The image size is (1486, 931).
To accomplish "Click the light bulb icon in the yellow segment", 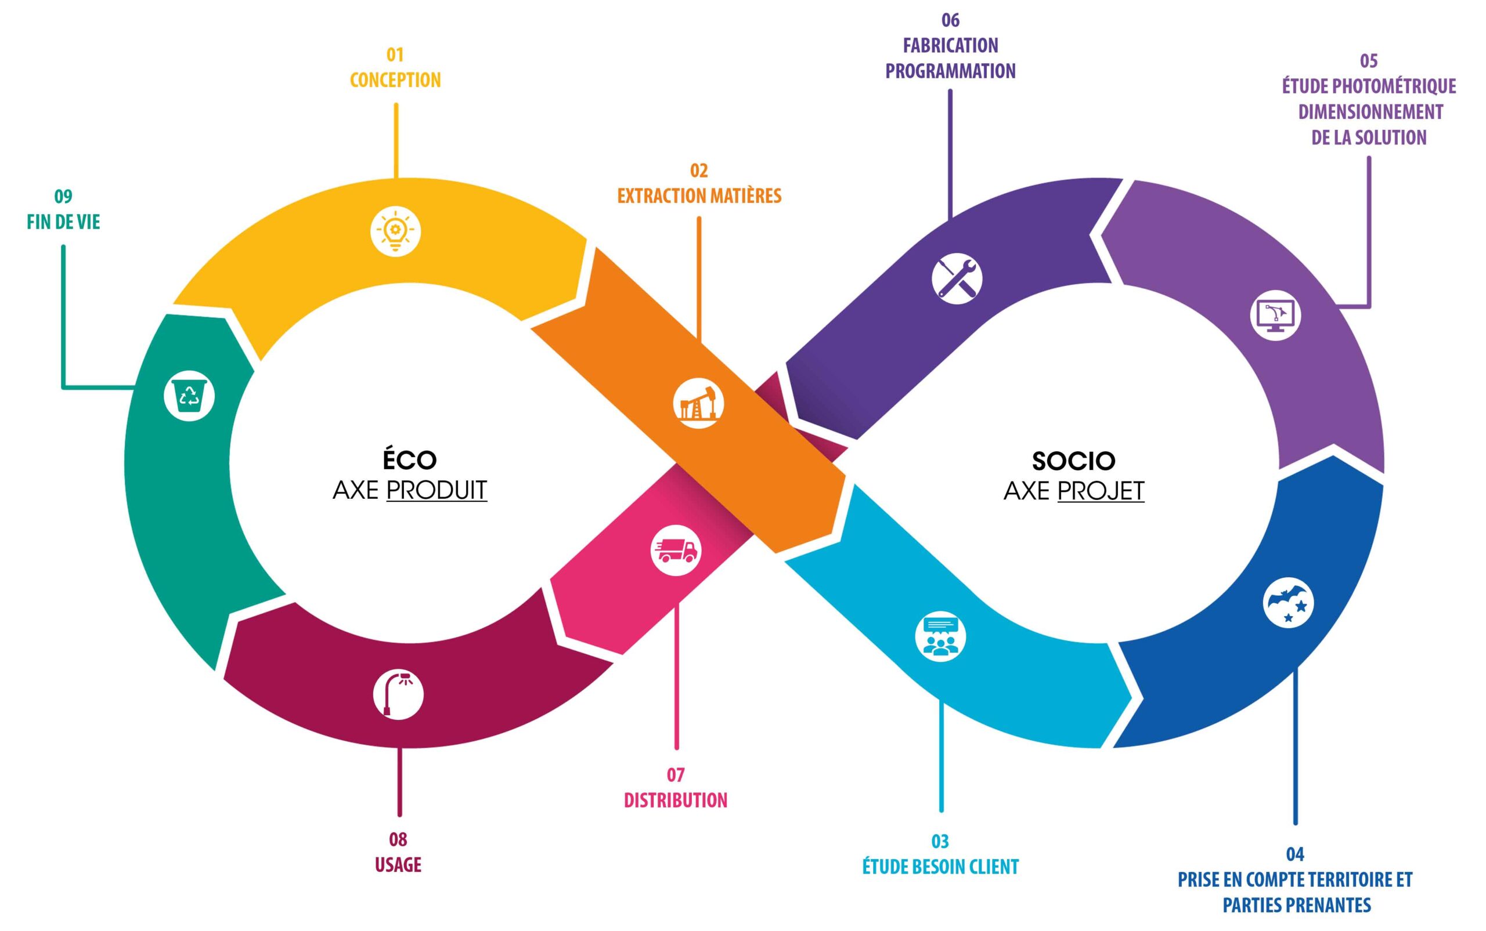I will [x=395, y=231].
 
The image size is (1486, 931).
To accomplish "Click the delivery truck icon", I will [x=676, y=550].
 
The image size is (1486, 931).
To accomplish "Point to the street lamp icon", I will [x=398, y=694].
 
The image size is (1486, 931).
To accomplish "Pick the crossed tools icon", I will [x=957, y=278].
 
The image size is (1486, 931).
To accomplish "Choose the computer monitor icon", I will [x=1275, y=315].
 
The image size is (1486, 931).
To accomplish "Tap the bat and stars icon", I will [x=1287, y=602].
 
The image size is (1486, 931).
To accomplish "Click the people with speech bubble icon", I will [x=940, y=636].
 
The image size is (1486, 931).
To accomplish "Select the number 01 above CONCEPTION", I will [x=395, y=55].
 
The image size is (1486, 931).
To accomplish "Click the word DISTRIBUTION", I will [x=675, y=800].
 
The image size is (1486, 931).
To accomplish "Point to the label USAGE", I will [x=398, y=864].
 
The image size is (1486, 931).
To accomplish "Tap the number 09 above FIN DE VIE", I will [x=63, y=197].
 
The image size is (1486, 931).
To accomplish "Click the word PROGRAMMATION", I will [x=950, y=71].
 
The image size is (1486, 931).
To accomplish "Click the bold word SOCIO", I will [x=1073, y=461].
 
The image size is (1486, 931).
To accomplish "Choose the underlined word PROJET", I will [x=1101, y=491].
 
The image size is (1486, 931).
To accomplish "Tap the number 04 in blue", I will [x=1295, y=854].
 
